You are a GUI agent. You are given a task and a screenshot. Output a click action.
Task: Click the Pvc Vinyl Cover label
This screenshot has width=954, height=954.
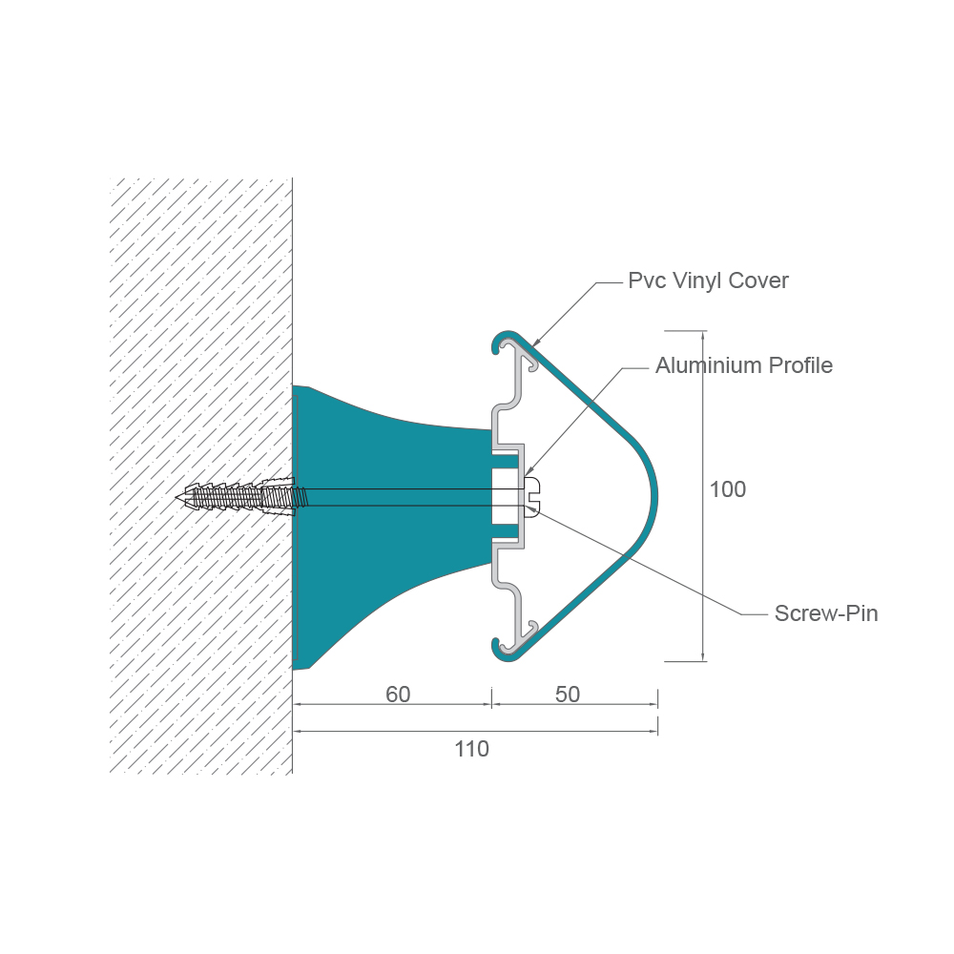point(708,280)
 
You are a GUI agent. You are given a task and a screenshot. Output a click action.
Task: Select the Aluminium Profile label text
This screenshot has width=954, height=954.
point(743,365)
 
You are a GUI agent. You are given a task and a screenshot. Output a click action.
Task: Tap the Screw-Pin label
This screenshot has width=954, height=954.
point(826,613)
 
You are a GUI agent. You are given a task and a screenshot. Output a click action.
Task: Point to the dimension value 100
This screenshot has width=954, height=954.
point(728,489)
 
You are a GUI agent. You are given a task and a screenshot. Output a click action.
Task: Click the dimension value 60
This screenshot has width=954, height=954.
point(398,695)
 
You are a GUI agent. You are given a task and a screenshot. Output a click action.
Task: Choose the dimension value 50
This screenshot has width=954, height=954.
point(568,695)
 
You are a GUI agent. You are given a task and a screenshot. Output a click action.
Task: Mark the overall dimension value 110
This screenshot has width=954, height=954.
point(472,749)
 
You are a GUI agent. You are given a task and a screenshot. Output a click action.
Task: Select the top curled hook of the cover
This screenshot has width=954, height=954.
point(500,341)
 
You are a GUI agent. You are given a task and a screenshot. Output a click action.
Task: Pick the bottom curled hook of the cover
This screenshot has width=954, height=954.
point(500,650)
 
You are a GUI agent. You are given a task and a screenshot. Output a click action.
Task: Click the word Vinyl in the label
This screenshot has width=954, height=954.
point(697,280)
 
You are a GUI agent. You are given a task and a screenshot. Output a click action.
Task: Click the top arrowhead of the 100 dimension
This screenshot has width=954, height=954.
point(703,335)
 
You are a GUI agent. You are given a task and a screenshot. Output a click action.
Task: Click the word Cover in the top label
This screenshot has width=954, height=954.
point(759,280)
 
